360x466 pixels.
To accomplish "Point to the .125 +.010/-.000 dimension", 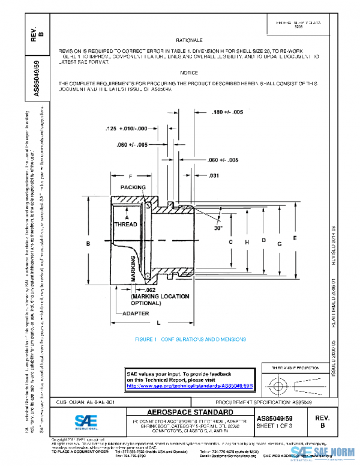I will (x=126, y=129).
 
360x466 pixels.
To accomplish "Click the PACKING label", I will (x=133, y=188).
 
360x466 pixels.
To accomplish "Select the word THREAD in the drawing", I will (x=127, y=223).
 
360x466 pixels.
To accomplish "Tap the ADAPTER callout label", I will (x=136, y=314).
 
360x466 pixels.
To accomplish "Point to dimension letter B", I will (x=88, y=243).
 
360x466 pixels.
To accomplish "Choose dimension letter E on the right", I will (x=295, y=238).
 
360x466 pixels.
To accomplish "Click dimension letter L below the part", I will (x=158, y=323).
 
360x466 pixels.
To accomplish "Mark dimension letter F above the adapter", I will (x=130, y=176).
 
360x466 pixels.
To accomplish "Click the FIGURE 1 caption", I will (x=190, y=340).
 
